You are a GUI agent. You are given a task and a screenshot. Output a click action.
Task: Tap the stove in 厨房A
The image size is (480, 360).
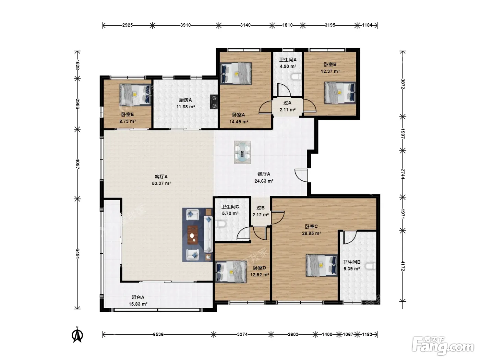tap(214, 101)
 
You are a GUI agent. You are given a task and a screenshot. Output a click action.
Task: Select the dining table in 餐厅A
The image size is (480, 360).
tap(242, 152)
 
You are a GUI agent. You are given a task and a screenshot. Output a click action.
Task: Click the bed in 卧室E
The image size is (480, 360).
tap(135, 95)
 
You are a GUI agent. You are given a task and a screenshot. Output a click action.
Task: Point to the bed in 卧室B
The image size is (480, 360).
tap(340, 93)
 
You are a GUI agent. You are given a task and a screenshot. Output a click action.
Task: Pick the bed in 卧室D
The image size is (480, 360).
tap(231, 272)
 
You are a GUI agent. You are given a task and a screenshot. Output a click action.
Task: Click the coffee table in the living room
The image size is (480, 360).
tap(193, 235)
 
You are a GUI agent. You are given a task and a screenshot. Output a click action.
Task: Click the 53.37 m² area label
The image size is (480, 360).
tap(161, 183)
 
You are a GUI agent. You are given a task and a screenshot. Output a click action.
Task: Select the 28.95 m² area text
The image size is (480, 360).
tap(311, 233)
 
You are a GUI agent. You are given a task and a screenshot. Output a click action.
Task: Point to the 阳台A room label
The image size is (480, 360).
tap(138, 297)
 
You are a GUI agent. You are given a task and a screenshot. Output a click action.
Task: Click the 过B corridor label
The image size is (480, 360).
tap(261, 208)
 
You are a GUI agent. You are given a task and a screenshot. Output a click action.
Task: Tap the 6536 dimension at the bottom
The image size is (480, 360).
tap(158, 334)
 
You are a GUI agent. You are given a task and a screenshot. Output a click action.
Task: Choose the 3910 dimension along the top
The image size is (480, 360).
tap(185, 25)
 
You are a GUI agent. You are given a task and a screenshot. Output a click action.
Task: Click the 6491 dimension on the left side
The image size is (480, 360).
tap(77, 253)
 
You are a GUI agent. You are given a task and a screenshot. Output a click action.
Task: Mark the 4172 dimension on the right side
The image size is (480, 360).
tap(403, 266)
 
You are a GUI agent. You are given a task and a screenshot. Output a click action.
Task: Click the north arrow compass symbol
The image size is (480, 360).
tap(77, 335)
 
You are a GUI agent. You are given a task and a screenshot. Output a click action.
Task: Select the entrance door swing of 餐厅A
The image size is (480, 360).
tap(301, 175)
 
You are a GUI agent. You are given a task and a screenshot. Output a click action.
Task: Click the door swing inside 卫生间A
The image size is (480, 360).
tap(284, 90)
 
